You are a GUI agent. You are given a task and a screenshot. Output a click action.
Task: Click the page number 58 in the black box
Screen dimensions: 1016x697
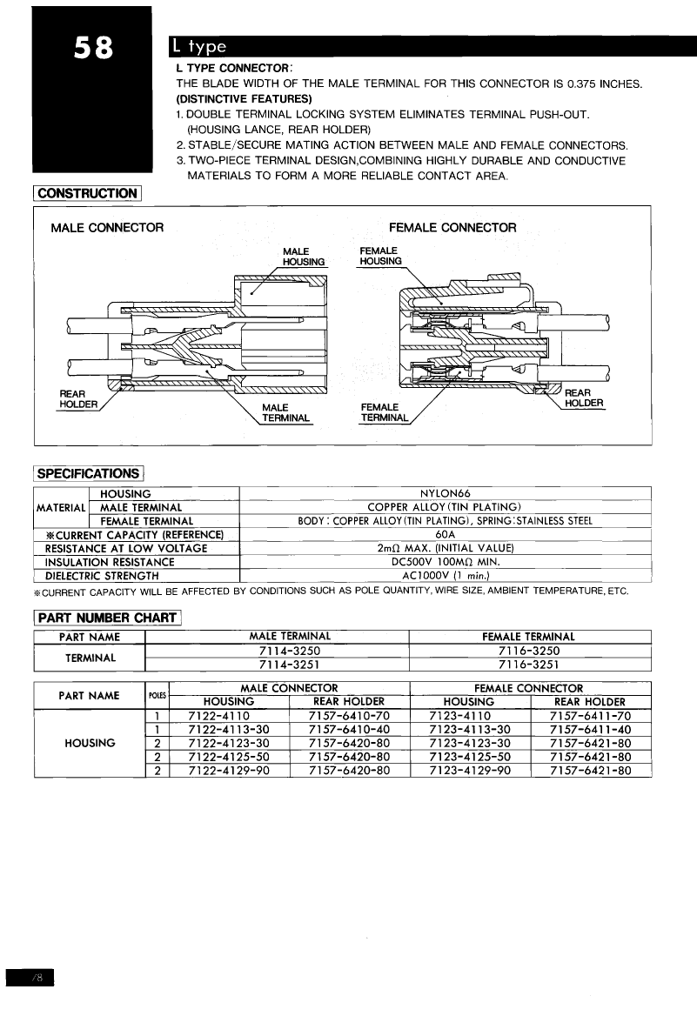[x=91, y=49]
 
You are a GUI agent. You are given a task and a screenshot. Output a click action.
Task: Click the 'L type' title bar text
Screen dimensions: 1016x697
[x=200, y=46]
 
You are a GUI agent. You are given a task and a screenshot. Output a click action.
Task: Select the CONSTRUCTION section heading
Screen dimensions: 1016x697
[x=88, y=193]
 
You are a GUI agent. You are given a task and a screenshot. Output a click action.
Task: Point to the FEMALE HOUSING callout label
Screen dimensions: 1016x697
[x=380, y=256]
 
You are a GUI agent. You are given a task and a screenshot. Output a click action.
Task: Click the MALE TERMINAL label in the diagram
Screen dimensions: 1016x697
[x=285, y=412]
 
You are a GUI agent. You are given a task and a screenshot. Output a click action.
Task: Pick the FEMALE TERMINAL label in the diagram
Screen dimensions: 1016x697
[x=384, y=412]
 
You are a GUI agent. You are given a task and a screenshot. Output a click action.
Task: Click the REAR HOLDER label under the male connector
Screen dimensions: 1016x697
[x=78, y=398]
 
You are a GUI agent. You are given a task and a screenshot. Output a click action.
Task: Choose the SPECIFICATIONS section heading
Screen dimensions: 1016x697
[x=89, y=473]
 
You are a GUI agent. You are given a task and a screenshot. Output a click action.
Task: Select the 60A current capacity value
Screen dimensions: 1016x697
[x=445, y=534]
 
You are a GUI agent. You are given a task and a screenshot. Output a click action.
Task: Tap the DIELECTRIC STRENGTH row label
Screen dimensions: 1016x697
[x=102, y=576]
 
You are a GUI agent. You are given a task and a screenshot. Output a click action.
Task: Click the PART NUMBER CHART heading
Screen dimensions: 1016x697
[x=106, y=618]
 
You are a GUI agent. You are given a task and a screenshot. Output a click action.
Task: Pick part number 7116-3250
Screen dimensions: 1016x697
[x=529, y=651]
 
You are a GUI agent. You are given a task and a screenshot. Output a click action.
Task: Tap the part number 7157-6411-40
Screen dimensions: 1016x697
[x=590, y=730]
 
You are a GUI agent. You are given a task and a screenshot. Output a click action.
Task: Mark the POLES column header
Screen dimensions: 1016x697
[x=157, y=695]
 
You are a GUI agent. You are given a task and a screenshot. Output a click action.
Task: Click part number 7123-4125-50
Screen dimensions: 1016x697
[x=470, y=757]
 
